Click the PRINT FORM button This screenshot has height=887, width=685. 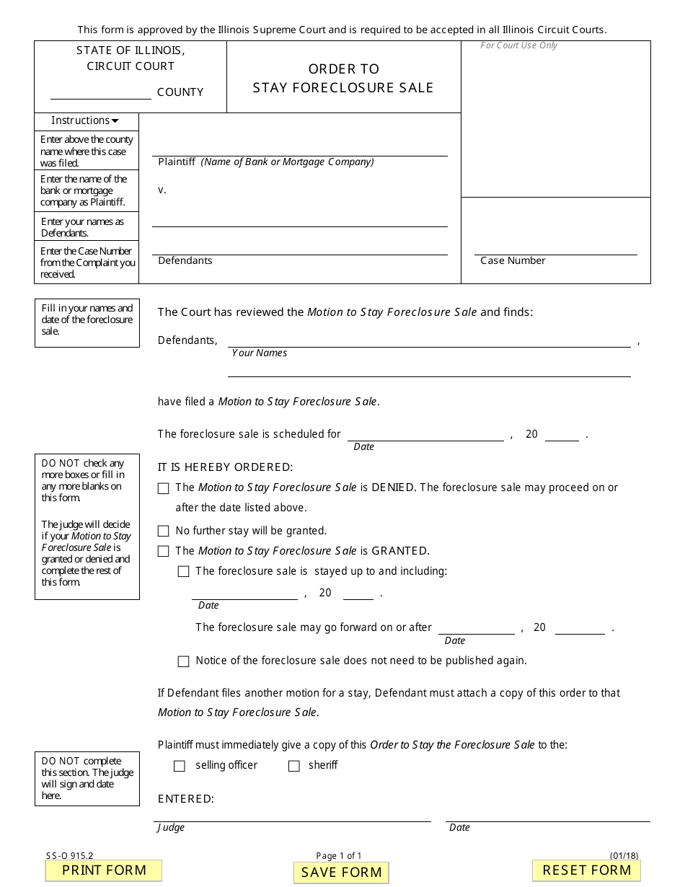click(104, 870)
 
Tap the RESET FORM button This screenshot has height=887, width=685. click(586, 870)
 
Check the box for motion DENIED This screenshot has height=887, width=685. click(164, 488)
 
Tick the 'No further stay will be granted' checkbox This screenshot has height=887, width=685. click(164, 531)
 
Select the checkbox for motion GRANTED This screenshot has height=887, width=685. click(164, 552)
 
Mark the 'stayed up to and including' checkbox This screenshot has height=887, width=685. click(184, 572)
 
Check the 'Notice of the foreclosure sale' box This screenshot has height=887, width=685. click(184, 661)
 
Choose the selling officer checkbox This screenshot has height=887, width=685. click(180, 766)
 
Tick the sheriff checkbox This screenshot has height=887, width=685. click(294, 766)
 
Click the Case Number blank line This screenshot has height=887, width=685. click(555, 249)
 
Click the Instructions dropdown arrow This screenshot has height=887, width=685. click(115, 121)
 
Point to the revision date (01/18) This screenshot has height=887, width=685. click(624, 857)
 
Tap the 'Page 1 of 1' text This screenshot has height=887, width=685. click(339, 857)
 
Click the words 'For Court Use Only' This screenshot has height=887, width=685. click(519, 46)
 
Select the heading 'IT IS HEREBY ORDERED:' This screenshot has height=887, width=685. click(226, 467)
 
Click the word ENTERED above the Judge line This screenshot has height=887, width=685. click(185, 799)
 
